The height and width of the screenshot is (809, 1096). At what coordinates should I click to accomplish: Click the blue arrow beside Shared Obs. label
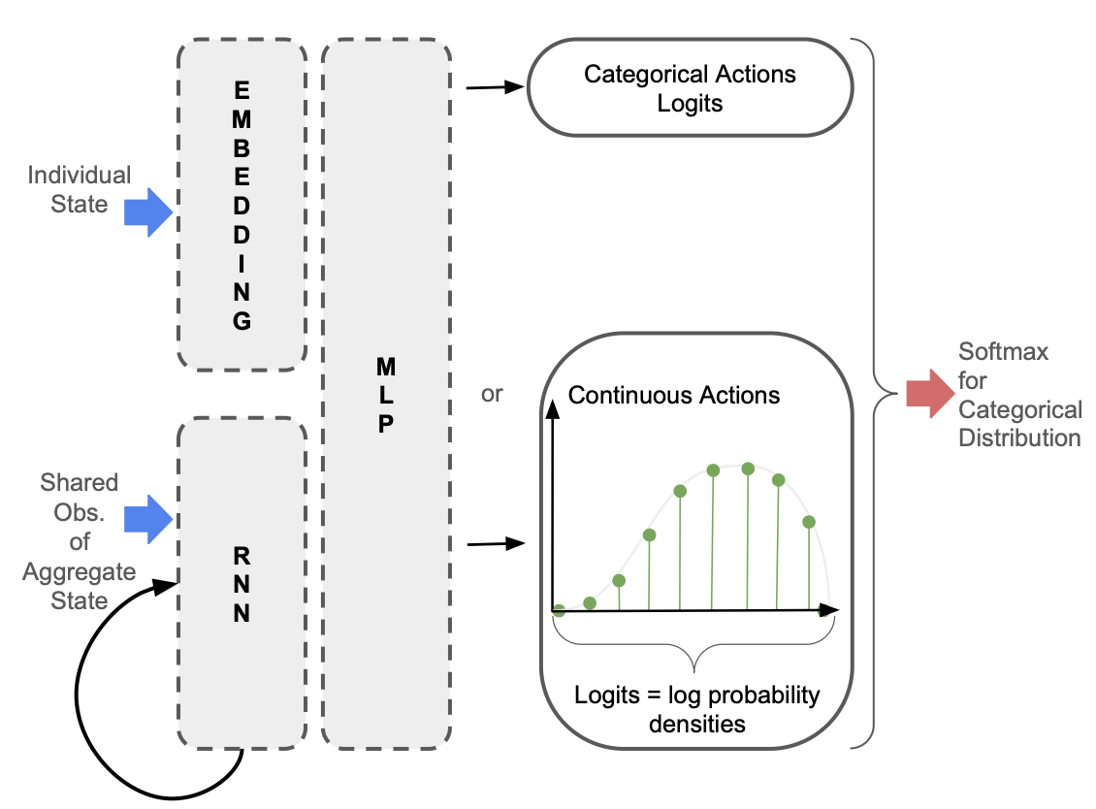pyautogui.click(x=147, y=519)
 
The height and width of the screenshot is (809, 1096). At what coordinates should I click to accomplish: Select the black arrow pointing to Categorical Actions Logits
pyautogui.click(x=496, y=88)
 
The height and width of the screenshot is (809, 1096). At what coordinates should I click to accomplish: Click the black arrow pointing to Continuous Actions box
pyautogui.click(x=496, y=544)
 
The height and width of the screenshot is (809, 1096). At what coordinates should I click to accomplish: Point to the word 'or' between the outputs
pyautogui.click(x=492, y=395)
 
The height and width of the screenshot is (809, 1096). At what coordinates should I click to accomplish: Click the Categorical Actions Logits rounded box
pyautogui.click(x=690, y=88)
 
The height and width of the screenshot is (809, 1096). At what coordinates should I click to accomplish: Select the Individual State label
pyautogui.click(x=80, y=189)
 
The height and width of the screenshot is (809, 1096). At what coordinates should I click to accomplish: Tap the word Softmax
pyautogui.click(x=1003, y=351)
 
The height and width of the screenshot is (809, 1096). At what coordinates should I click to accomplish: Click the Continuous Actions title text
pyautogui.click(x=674, y=395)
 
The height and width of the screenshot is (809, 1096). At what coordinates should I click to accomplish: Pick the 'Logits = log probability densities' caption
pyautogui.click(x=697, y=709)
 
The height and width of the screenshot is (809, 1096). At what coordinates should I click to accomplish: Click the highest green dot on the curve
pyautogui.click(x=748, y=469)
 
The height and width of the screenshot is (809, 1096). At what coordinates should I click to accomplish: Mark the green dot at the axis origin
pyautogui.click(x=559, y=610)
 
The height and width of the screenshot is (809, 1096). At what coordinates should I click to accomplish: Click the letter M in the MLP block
pyautogui.click(x=385, y=367)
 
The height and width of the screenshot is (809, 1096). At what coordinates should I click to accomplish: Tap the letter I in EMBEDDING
pyautogui.click(x=242, y=263)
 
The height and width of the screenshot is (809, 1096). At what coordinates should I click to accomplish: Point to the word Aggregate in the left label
pyautogui.click(x=79, y=572)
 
